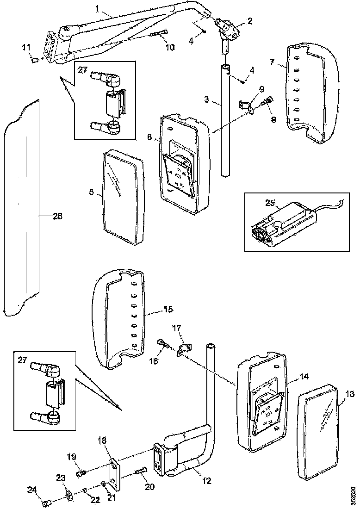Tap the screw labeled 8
[267, 101]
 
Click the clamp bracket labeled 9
[247, 106]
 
